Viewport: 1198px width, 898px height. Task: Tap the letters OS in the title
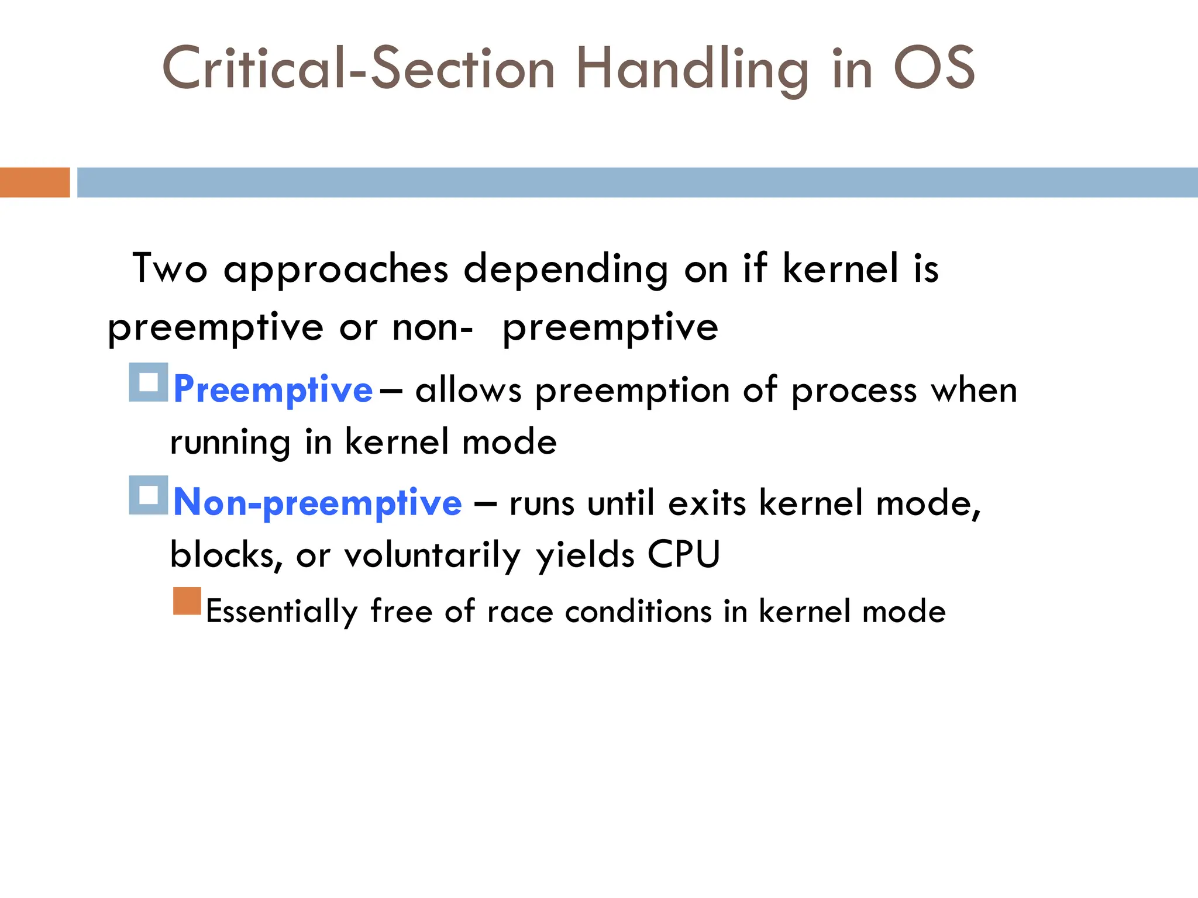coord(934,68)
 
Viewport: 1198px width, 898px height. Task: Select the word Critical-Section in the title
coord(358,69)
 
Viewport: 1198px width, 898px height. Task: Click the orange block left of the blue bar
coord(35,182)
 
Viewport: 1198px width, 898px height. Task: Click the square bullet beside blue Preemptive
coord(149,382)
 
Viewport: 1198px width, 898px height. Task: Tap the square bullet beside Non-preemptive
coord(149,495)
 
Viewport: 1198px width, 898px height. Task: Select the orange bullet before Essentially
coord(187,601)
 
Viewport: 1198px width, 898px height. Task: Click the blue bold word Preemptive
coord(273,390)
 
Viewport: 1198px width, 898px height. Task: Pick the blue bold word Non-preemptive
coord(318,503)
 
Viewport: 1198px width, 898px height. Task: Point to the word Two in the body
coord(170,269)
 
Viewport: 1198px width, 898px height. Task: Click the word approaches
coord(336,270)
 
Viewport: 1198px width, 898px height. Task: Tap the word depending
coord(566,270)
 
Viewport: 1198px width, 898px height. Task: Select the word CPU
coord(683,554)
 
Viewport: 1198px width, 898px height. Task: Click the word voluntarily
coord(432,555)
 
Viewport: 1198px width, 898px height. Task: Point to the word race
coord(519,612)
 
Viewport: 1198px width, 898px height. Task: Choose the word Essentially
coord(281,612)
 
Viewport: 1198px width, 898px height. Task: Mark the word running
coord(230,443)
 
